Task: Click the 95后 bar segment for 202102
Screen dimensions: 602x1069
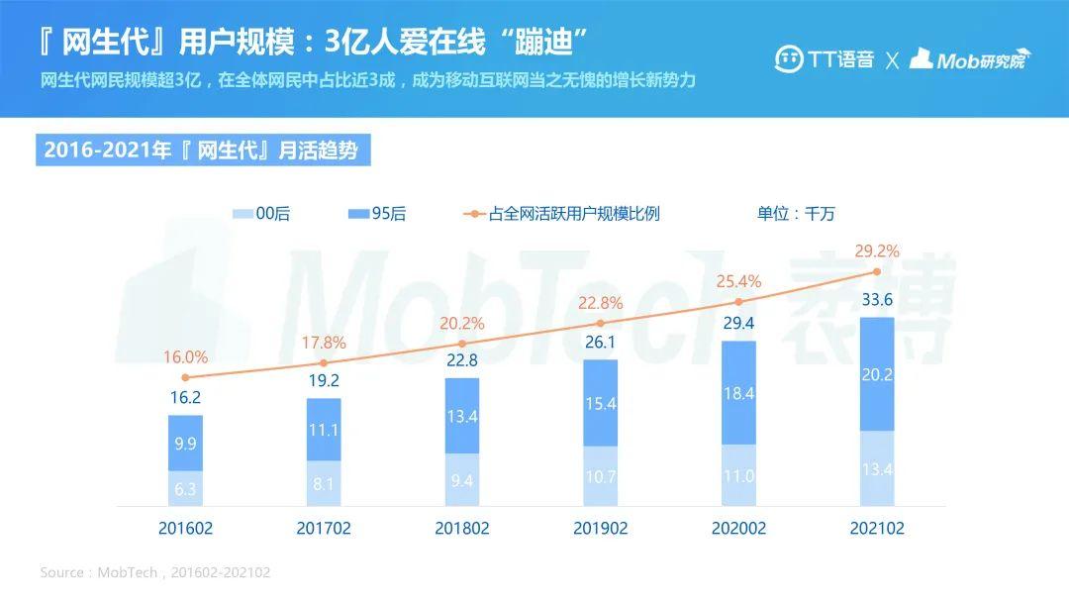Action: [876, 374]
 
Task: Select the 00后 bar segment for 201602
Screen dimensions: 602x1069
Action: [185, 489]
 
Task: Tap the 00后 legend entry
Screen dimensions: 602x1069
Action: [261, 214]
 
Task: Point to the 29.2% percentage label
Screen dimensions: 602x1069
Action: [876, 251]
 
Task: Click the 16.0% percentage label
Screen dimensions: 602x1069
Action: [185, 357]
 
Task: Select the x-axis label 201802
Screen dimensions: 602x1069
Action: [461, 529]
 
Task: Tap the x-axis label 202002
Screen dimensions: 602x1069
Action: [738, 529]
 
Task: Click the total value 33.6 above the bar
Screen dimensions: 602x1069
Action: [876, 300]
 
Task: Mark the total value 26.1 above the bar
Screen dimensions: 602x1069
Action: [600, 342]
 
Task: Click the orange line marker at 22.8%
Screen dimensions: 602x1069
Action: [600, 323]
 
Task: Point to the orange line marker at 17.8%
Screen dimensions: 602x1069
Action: [323, 363]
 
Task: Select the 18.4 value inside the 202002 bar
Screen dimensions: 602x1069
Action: [738, 394]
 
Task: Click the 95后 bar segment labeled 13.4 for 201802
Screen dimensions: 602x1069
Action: [461, 416]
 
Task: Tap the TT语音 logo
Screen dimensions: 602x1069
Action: [825, 59]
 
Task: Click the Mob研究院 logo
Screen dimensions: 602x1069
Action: [970, 59]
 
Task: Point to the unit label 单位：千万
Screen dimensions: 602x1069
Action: [797, 214]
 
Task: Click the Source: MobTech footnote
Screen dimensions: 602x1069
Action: [155, 572]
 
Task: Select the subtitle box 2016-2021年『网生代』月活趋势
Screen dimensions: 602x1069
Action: [203, 150]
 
